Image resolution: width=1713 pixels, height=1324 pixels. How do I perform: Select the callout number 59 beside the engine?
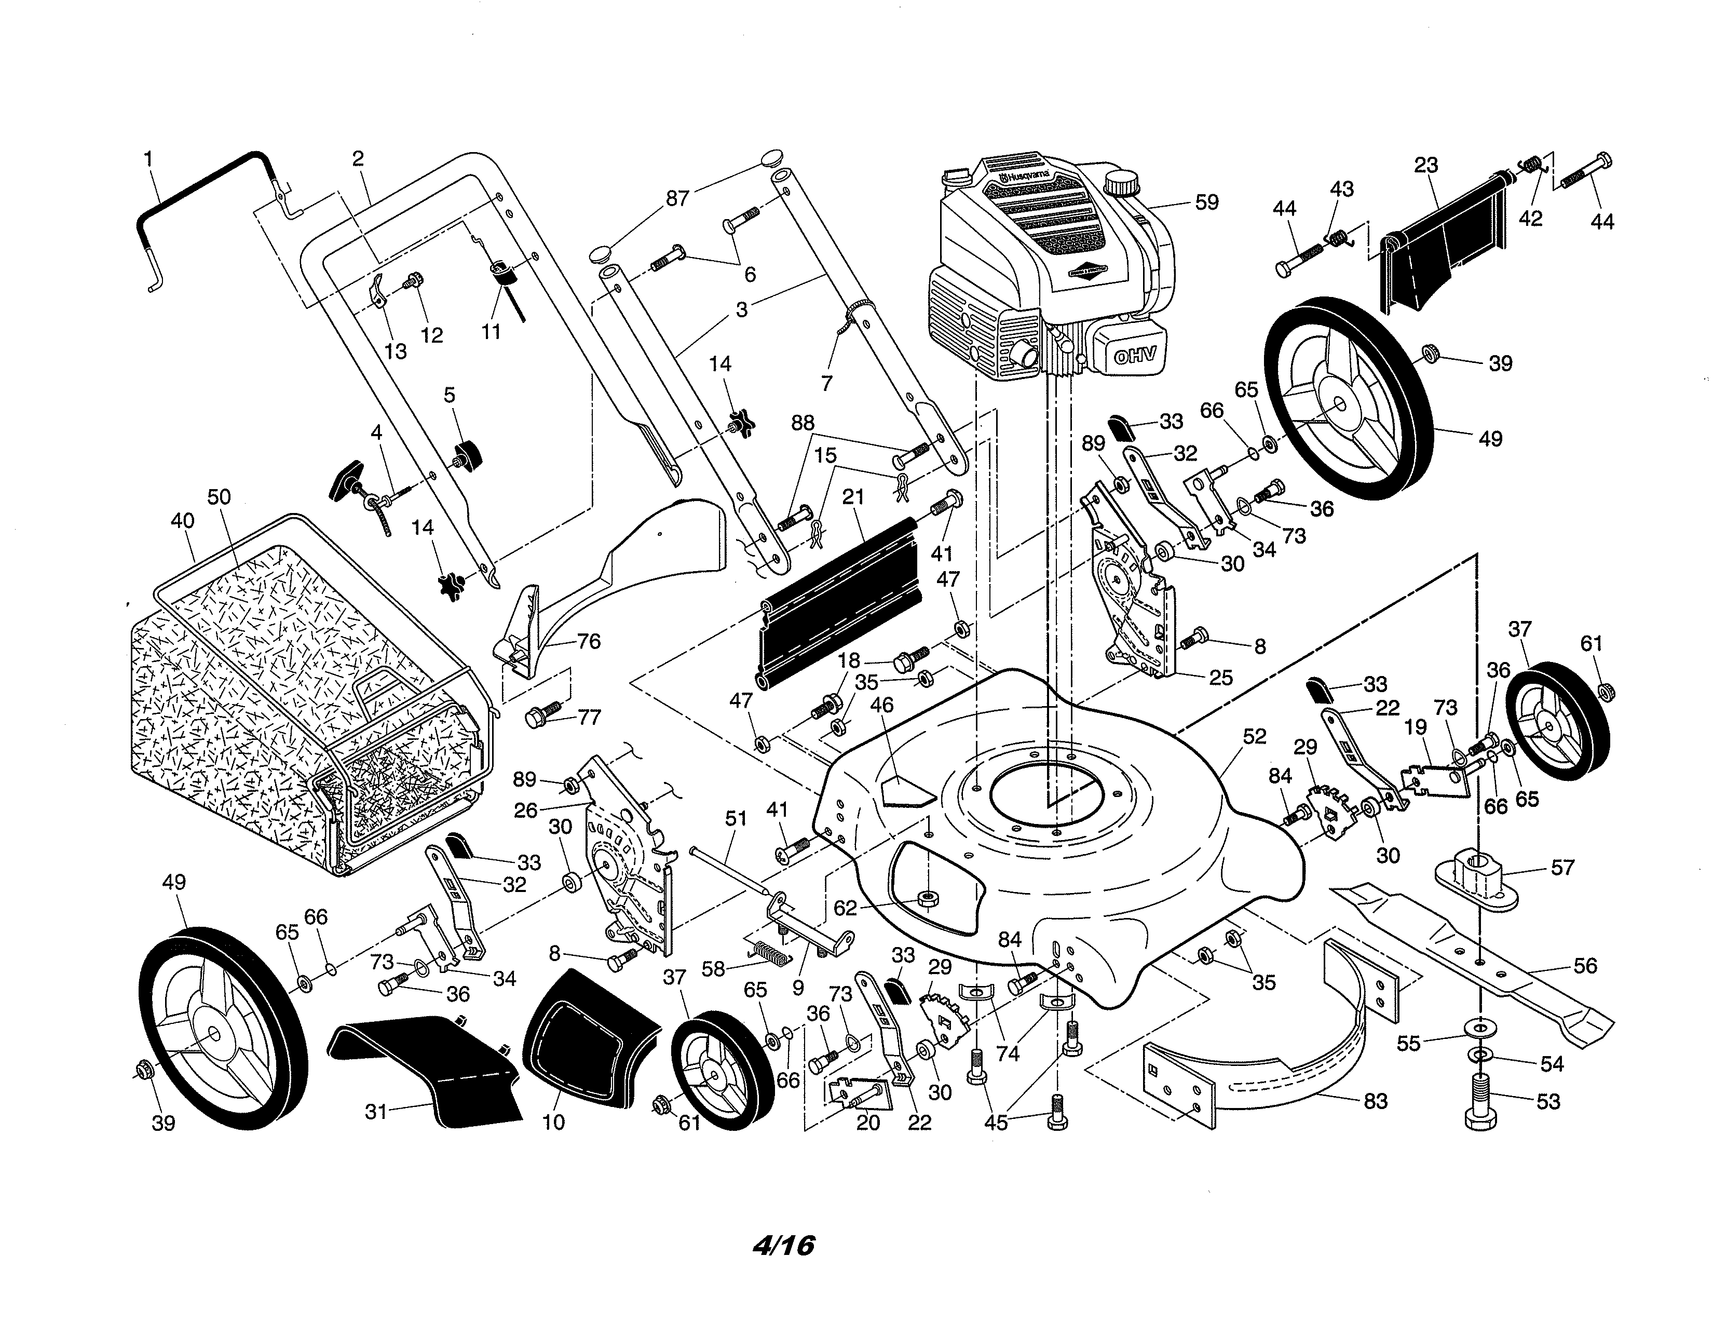[1206, 202]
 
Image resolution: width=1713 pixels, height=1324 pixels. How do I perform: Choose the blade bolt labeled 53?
[1480, 1102]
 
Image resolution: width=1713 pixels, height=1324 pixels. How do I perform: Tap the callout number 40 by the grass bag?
[182, 521]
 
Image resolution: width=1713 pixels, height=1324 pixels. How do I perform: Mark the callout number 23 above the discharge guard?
[1426, 166]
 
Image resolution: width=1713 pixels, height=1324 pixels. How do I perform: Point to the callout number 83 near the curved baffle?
[1376, 1101]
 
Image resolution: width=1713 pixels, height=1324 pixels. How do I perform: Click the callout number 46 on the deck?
[881, 705]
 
